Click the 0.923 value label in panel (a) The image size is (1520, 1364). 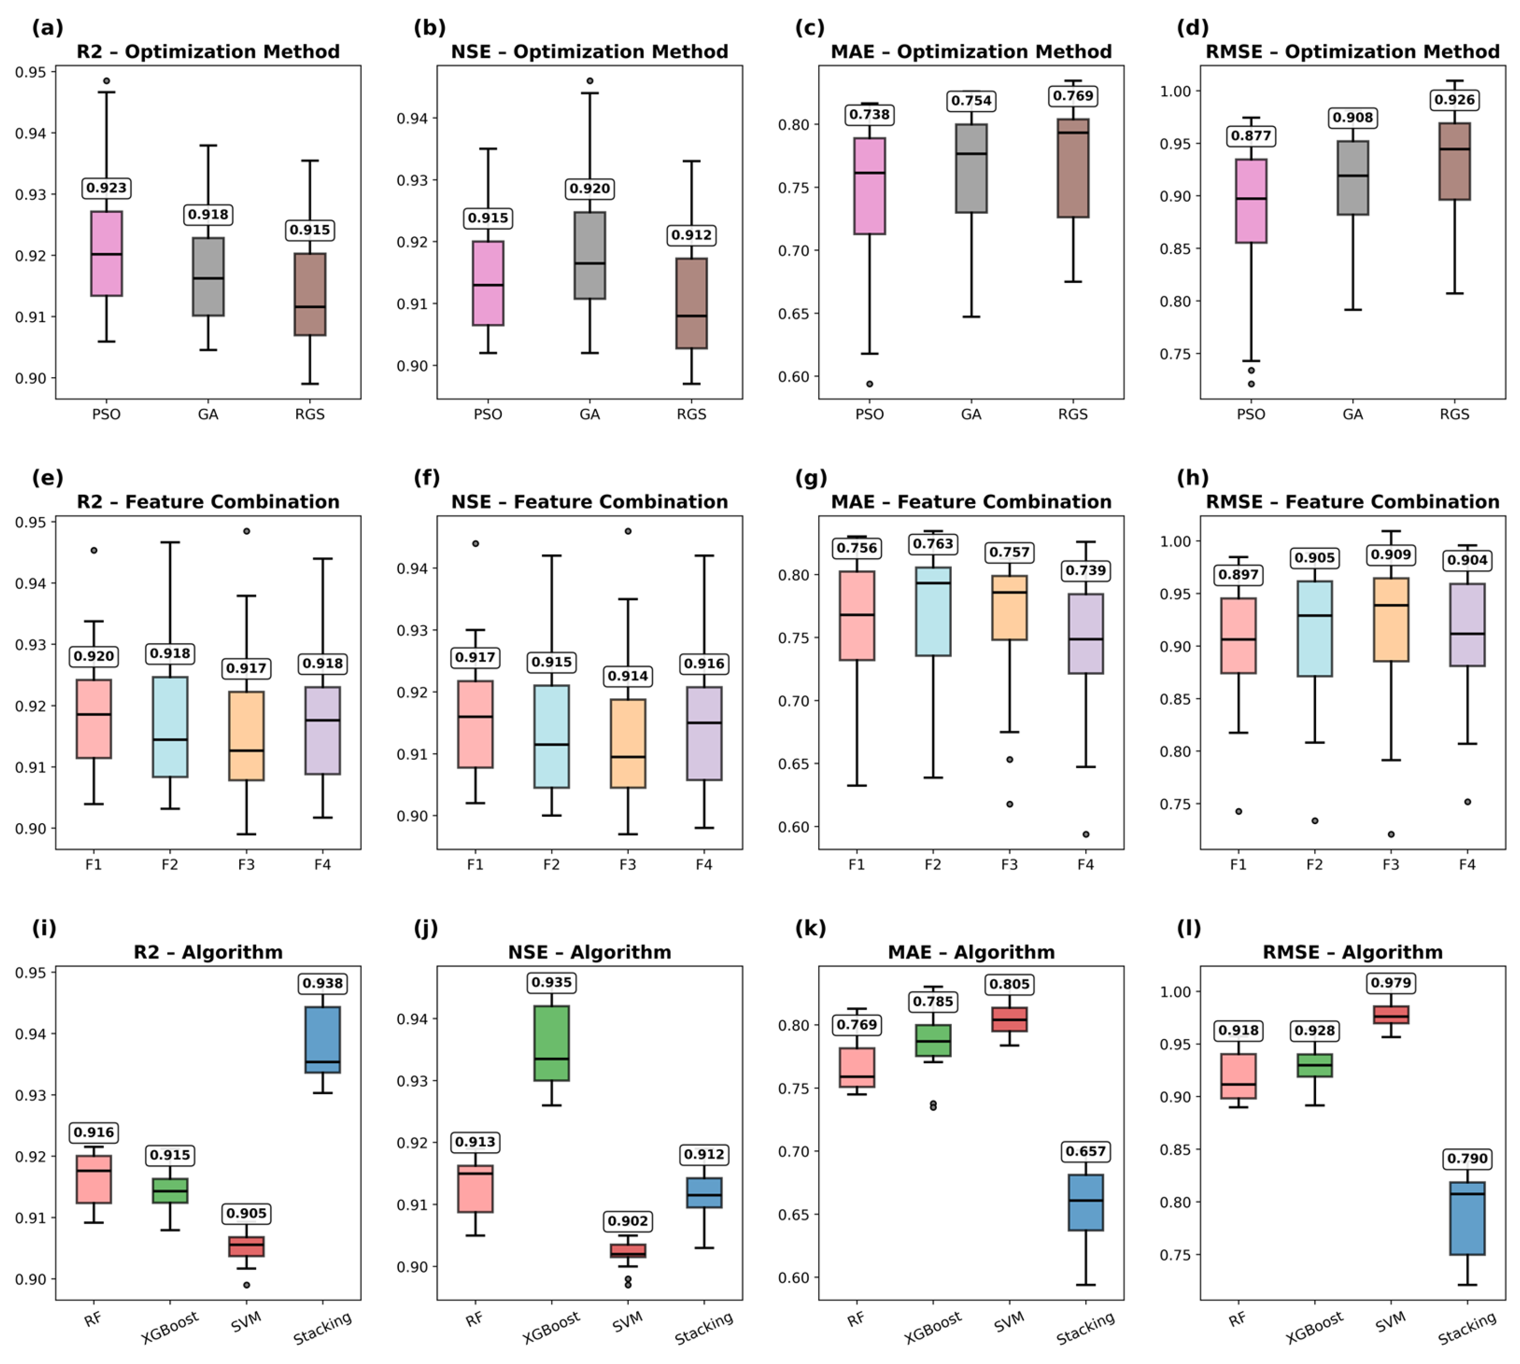(106, 188)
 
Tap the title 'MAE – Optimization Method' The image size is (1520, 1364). (971, 52)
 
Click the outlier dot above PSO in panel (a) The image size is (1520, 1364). (106, 81)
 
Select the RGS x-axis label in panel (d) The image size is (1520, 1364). (1454, 414)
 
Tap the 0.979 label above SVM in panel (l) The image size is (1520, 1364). (1391, 982)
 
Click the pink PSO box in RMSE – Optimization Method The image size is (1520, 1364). (1251, 201)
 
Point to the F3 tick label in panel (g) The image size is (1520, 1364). (1009, 865)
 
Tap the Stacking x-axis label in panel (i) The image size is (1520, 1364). (322, 1328)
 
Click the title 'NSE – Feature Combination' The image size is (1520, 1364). (589, 502)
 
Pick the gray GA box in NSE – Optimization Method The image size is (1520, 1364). (590, 256)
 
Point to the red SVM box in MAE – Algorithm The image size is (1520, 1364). (1009, 1019)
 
